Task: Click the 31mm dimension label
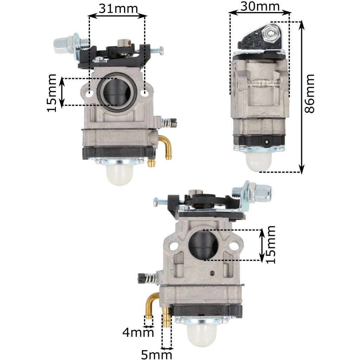118,8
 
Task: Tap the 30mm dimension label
260,7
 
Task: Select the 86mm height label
309,94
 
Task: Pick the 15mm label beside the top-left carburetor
52,93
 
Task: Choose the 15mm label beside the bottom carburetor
270,245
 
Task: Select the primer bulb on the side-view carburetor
259,161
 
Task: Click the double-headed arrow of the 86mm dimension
301,97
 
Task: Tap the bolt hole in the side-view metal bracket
270,34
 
